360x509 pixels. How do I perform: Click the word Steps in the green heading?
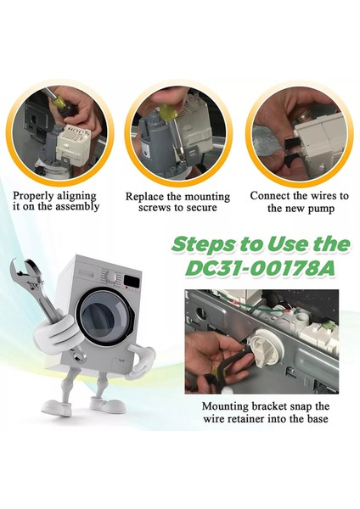pos(205,245)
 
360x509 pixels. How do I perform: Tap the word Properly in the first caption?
pos(33,197)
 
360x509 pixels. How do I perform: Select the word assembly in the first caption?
pos(77,207)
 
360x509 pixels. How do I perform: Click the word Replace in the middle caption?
pos(145,197)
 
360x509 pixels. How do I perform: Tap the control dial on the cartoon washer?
pos(111,277)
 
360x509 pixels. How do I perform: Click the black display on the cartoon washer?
pos(132,281)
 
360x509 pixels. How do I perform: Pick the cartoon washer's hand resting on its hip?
pos(140,361)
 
